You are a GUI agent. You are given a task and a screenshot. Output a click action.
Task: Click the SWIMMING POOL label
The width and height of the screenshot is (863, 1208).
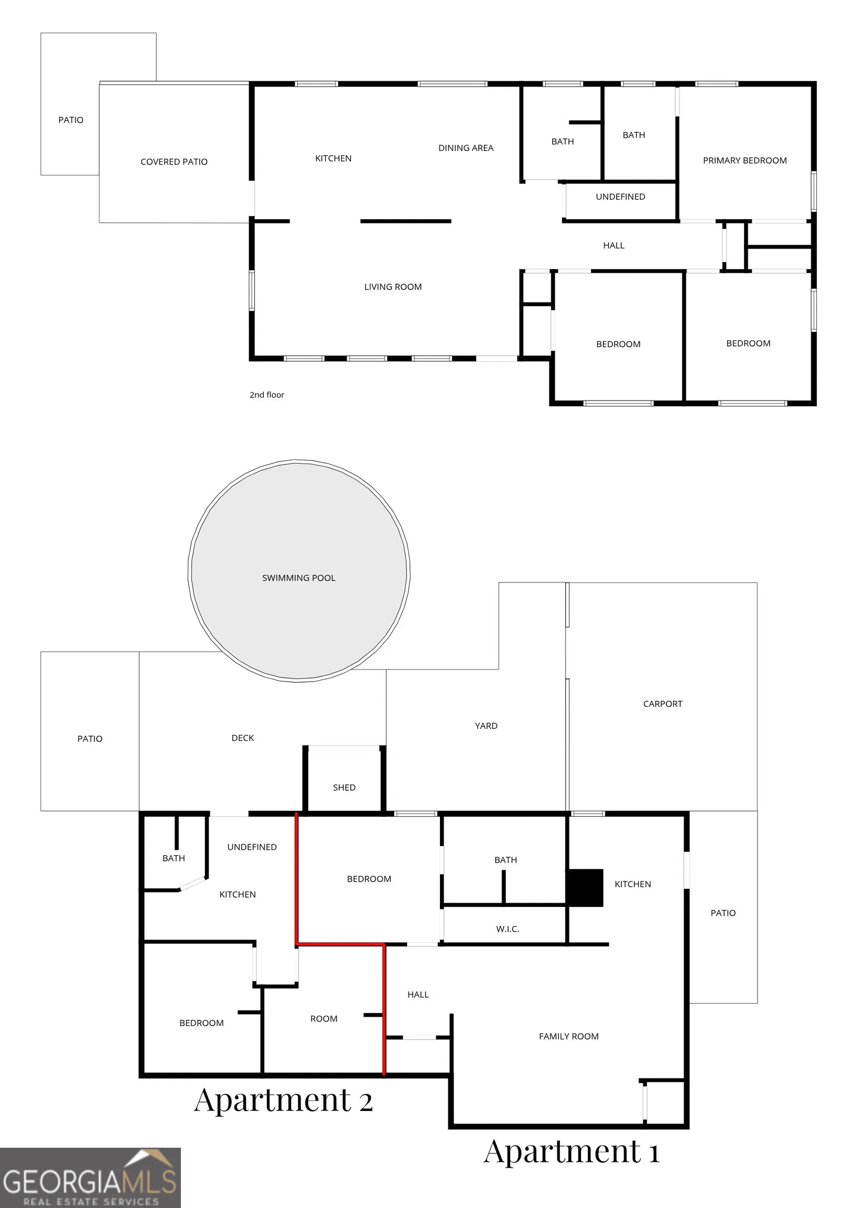coord(299,578)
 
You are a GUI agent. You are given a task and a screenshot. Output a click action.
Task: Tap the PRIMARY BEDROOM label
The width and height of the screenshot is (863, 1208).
coord(745,160)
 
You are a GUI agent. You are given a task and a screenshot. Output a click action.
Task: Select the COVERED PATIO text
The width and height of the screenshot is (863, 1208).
coord(174,161)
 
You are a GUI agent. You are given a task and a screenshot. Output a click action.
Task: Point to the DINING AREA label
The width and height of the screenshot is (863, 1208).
coord(466,148)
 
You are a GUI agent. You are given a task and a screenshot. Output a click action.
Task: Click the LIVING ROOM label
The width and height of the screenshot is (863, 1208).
coord(393,287)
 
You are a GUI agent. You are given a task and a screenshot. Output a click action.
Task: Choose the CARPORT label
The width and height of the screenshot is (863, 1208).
coord(663,704)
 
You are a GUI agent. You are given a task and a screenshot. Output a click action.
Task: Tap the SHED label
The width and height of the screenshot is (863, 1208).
coord(344,788)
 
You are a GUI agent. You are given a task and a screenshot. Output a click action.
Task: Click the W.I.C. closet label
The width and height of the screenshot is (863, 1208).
coord(508,929)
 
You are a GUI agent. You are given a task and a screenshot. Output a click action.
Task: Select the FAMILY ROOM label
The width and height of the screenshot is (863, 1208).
coord(568,1037)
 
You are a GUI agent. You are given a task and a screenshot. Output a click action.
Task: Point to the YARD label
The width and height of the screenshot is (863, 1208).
coord(486,726)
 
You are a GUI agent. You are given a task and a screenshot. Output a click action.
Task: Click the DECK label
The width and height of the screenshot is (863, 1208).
coord(243,738)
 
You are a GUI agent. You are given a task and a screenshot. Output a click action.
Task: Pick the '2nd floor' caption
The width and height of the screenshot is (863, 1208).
coord(267,395)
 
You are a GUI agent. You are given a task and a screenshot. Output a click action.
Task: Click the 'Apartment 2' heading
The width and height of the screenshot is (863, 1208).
coord(283,1100)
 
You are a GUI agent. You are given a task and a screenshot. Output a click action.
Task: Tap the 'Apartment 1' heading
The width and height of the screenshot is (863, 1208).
coord(572,1151)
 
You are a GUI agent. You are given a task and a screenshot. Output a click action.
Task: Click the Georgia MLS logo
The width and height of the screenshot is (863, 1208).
coord(90,1178)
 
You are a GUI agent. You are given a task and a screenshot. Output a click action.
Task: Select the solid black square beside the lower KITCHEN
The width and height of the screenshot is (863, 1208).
coord(585,888)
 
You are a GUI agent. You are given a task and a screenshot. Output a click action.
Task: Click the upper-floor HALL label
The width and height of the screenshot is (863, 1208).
coord(614,245)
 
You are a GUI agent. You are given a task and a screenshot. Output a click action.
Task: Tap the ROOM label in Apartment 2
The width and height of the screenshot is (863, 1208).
coord(323,1019)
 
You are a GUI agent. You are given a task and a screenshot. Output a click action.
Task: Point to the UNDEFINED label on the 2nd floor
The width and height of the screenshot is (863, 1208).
coord(620,197)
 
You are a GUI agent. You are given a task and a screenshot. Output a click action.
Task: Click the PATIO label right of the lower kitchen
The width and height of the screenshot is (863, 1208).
coord(723,913)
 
